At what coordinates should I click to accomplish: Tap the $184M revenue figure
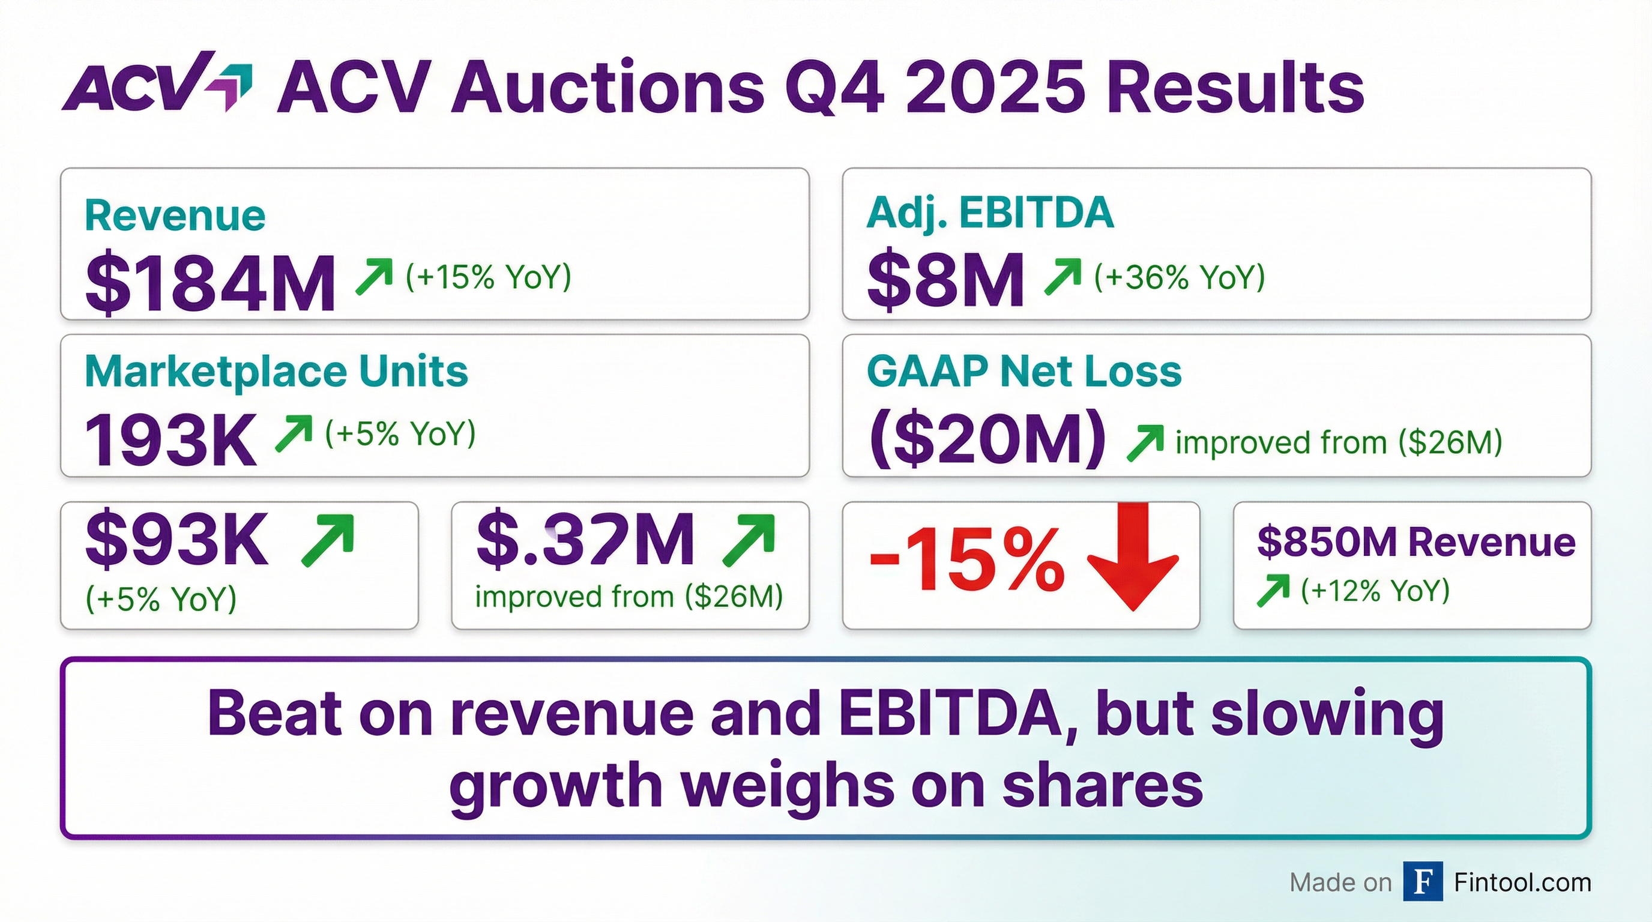pos(210,283)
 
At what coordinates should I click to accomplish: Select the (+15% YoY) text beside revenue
pos(488,277)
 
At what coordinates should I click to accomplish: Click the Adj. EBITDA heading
pos(989,213)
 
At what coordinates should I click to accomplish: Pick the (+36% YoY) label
pos(1179,277)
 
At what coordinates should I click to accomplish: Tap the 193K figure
pos(170,440)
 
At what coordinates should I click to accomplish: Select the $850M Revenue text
pos(1415,543)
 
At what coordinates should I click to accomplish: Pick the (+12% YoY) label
pos(1375,591)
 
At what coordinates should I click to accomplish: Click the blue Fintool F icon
pos(1423,882)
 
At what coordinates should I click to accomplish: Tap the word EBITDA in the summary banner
pos(949,714)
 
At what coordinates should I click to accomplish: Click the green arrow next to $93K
pos(328,540)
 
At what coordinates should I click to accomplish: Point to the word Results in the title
pos(1235,88)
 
